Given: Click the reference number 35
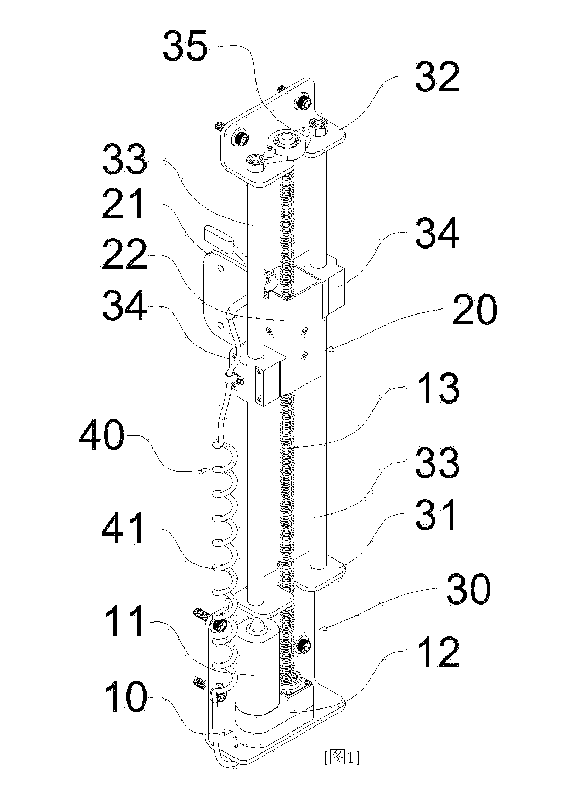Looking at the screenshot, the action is (185, 46).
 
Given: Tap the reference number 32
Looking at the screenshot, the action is (438, 77).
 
